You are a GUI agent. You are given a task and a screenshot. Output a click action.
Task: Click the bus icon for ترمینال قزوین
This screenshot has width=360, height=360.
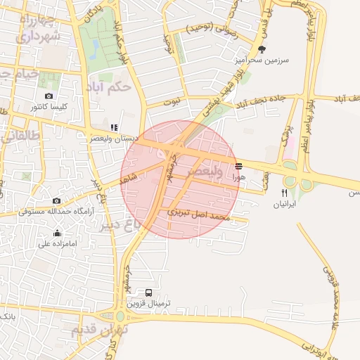click(x=148, y=292)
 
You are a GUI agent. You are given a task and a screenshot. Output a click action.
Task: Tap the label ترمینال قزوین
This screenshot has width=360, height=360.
click(x=155, y=304)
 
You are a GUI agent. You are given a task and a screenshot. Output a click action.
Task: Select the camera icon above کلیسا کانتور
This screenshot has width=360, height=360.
click(x=49, y=96)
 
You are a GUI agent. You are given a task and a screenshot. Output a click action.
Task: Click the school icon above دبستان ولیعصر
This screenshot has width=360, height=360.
click(x=113, y=127)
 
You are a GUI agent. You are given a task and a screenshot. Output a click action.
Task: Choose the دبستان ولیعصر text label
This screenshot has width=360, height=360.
click(x=117, y=139)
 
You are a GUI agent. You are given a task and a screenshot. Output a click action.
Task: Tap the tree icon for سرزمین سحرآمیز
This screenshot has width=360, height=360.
click(x=262, y=49)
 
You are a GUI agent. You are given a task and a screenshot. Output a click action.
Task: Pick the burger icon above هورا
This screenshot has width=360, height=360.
click(x=239, y=167)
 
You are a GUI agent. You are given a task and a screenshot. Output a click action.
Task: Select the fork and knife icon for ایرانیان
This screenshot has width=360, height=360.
click(x=285, y=193)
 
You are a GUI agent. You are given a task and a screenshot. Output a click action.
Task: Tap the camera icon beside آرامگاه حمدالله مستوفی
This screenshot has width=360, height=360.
click(x=57, y=200)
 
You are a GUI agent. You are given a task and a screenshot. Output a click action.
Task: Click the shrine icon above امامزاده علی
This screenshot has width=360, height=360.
click(x=57, y=233)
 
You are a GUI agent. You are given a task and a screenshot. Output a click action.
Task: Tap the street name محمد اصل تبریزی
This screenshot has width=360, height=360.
click(x=200, y=214)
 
